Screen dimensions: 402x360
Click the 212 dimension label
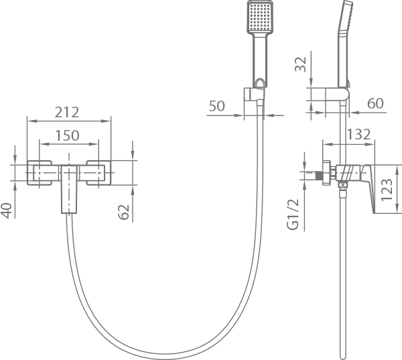click(67, 112)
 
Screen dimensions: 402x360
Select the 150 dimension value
click(68, 135)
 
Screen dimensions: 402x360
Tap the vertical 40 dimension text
click(7, 211)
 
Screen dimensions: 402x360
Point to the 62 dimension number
click(123, 212)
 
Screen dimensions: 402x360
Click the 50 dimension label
click(216, 106)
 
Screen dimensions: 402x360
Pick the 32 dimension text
click(300, 64)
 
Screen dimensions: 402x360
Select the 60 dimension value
click(376, 103)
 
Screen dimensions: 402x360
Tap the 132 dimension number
click(358, 134)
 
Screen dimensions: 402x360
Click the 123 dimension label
click(387, 189)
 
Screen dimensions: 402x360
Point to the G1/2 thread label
click(293, 215)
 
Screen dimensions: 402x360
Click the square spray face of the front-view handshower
click(260, 17)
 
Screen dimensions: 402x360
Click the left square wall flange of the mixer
click(40, 173)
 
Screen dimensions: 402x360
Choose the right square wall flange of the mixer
click(98, 173)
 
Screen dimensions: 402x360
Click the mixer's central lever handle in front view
click(69, 189)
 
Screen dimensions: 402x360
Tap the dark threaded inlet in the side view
click(319, 176)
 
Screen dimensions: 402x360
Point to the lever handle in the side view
click(368, 188)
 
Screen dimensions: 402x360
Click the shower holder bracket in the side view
click(337, 95)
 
